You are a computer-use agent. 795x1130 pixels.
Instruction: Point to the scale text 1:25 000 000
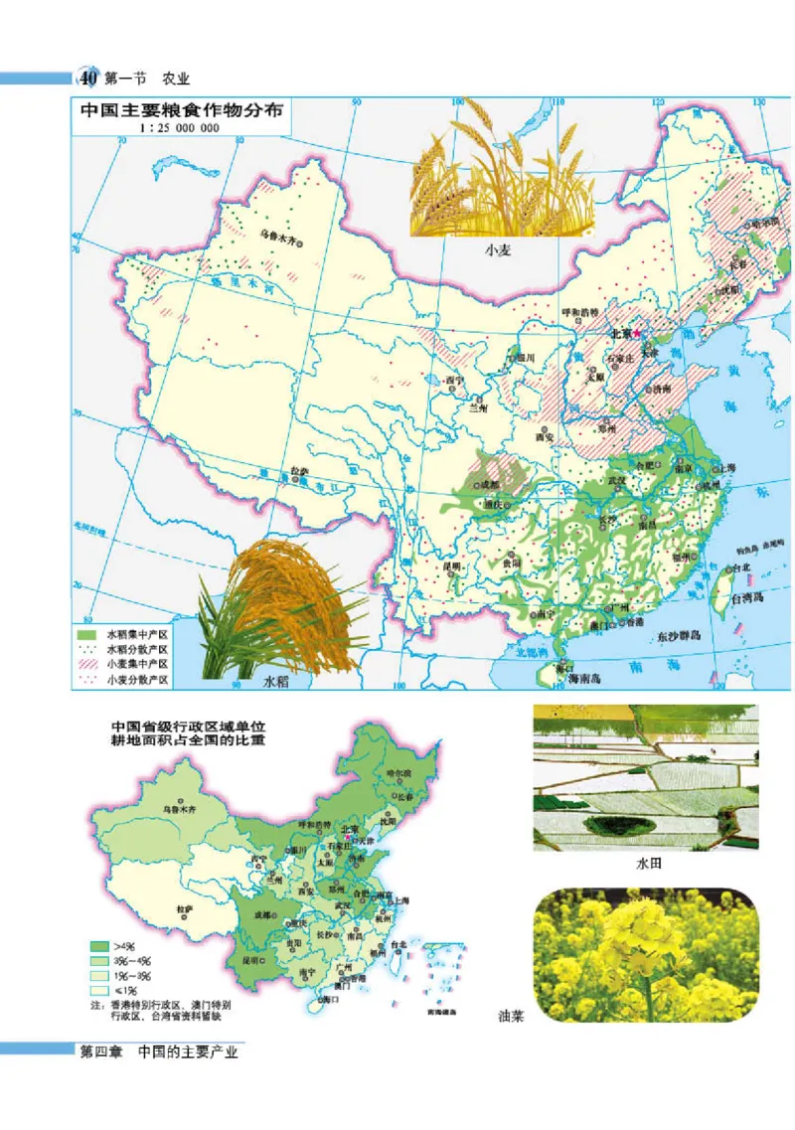pos(179,128)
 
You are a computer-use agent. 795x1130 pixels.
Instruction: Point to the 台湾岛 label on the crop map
pos(751,600)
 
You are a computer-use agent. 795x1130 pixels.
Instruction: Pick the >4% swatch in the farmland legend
pos(98,946)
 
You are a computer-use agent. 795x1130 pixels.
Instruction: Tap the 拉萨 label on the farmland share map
pos(183,908)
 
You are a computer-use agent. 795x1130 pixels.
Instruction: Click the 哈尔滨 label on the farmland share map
pos(397,773)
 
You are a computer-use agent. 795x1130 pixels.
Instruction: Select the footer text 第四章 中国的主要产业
pos(159,1051)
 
